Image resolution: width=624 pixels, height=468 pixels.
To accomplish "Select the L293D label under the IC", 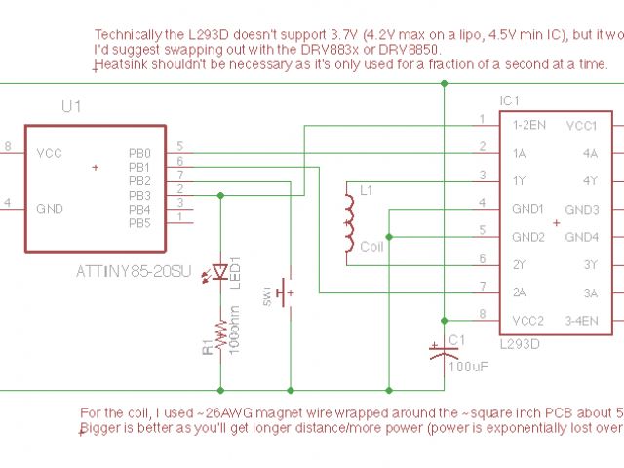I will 521,344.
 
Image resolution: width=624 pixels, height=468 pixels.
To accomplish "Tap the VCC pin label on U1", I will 49,154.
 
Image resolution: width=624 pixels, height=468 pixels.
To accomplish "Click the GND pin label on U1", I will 50,209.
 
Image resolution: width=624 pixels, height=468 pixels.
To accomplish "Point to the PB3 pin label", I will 139,195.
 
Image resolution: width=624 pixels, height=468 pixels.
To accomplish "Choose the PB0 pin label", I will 139,154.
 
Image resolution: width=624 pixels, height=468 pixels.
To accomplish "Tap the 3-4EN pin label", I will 581,321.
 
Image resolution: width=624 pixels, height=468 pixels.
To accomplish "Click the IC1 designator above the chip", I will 510,100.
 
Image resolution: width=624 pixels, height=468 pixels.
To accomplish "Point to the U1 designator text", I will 69,105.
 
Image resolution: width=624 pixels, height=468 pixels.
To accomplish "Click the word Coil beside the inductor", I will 372,248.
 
